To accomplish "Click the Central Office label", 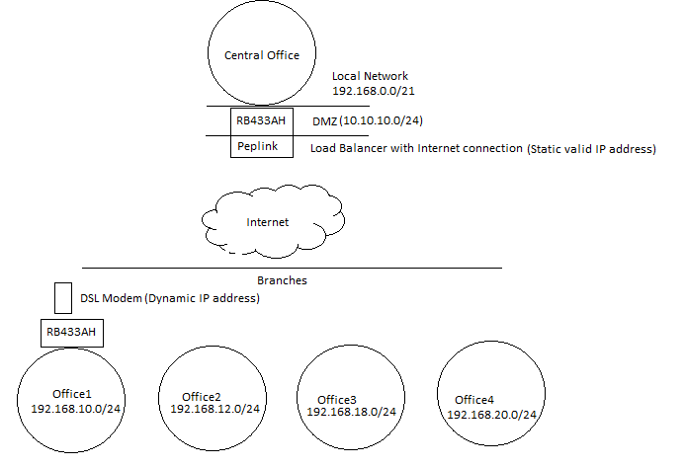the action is pos(262,55).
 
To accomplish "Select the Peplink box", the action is pos(262,147).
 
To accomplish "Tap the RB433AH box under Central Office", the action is pos(262,121).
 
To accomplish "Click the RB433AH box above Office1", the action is pos(72,333).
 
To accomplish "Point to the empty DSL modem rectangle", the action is pos(63,298).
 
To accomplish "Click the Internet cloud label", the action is pos(267,222).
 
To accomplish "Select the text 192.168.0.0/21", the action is pos(374,91).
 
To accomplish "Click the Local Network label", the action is pos(370,76).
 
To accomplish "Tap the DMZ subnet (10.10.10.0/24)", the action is pos(381,120).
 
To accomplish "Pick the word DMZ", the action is pos(324,121).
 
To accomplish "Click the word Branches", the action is pos(282,280).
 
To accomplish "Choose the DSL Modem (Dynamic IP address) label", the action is pos(170,298).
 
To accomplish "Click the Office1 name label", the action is pos(72,394).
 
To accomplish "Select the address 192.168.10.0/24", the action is pos(75,409).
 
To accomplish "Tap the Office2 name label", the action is pos(202,397).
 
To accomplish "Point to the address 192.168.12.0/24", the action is pos(214,409).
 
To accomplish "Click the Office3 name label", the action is pos(337,400).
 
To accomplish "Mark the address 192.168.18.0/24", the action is pos(351,412).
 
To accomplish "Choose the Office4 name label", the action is pos(474,400).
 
